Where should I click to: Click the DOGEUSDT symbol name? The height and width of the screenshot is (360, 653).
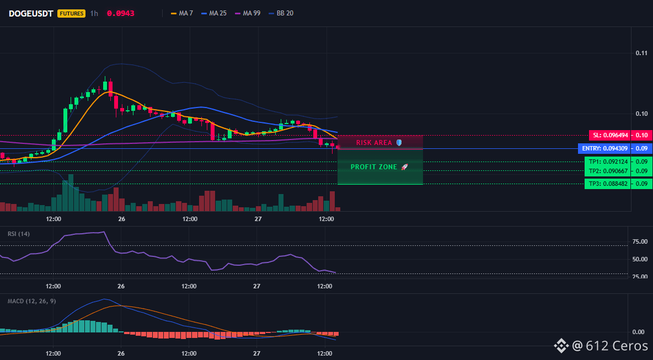click(31, 13)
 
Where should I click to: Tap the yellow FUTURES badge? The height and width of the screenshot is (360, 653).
click(72, 13)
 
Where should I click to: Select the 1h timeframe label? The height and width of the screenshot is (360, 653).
click(94, 13)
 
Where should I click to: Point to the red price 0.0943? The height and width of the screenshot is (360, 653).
click(121, 13)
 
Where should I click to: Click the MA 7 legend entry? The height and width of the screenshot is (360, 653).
click(183, 13)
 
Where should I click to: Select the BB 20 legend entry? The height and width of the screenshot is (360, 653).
click(281, 13)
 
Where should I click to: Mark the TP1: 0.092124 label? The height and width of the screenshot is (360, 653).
click(607, 162)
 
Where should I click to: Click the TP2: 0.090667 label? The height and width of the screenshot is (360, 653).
click(607, 171)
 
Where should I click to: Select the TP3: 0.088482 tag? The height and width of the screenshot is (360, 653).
click(607, 184)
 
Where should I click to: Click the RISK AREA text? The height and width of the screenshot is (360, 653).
click(374, 143)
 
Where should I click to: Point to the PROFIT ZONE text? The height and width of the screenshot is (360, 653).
click(374, 167)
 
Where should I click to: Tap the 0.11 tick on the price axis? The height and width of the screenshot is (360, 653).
click(642, 53)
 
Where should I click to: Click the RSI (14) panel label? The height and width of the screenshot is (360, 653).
click(19, 234)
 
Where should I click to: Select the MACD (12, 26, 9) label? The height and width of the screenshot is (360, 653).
click(31, 301)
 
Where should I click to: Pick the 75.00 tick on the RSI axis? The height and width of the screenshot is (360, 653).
click(639, 241)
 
